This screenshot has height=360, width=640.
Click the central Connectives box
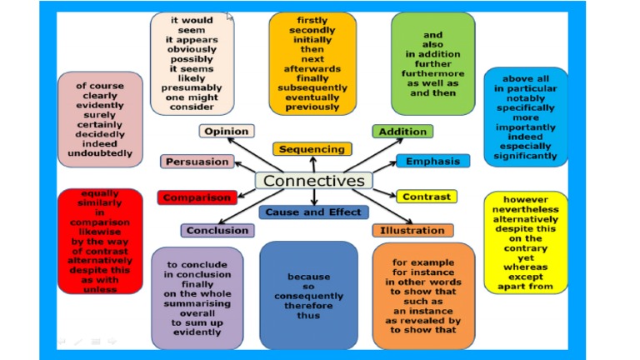click(314, 181)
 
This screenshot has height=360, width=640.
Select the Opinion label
click(227, 131)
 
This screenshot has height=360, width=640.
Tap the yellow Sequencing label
click(312, 149)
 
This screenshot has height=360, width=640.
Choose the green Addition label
click(402, 132)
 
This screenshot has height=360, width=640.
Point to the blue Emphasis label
click(432, 161)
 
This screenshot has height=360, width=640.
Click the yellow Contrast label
click(426, 197)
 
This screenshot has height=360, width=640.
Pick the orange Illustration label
click(412, 230)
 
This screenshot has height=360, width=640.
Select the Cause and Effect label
click(313, 212)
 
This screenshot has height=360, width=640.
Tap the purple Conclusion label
click(217, 230)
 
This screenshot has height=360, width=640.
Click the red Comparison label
click(197, 197)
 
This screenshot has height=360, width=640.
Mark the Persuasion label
click(197, 162)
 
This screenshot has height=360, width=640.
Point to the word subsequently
click(312, 87)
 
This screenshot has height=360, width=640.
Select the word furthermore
click(432, 73)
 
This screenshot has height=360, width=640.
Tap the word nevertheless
click(525, 212)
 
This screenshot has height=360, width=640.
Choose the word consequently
click(309, 296)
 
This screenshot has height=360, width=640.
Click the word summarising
click(197, 303)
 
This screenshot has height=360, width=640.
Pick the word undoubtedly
click(100, 153)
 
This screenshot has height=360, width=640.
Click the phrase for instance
click(423, 272)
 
